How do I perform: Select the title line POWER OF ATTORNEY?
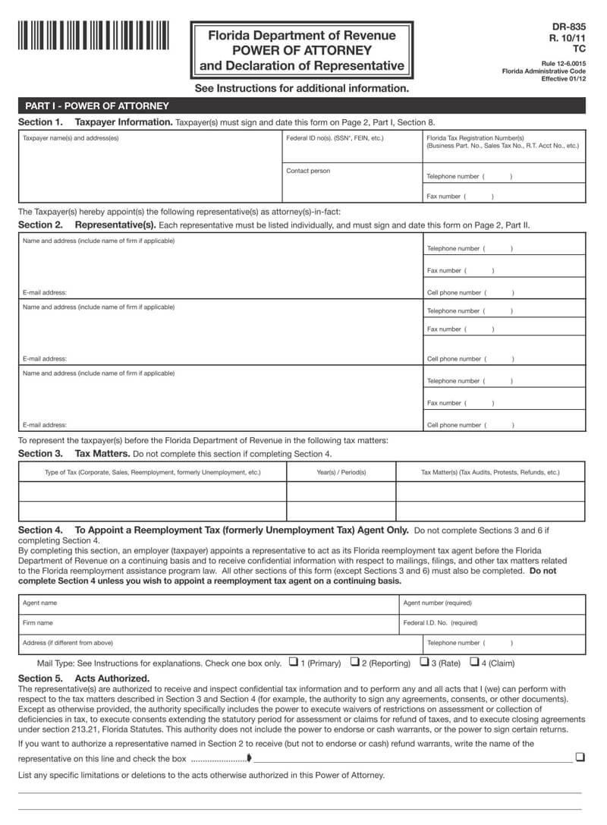pos(302,51)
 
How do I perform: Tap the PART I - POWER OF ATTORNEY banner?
pos(97,106)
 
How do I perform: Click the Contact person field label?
pos(308,171)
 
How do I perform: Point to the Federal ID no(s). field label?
pos(335,138)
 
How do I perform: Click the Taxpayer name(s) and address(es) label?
pos(71,138)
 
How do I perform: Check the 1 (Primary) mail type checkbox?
pos(294,661)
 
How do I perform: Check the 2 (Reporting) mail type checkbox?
pos(354,661)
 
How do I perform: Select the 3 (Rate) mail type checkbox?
pos(424,661)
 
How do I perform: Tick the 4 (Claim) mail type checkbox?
pos(474,661)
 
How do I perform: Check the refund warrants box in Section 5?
pos(580,757)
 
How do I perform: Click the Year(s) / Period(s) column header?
pos(341,472)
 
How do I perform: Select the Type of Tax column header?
pos(153,472)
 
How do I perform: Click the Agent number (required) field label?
pos(437,603)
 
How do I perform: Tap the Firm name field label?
pos(38,622)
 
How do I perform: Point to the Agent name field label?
pos(39,603)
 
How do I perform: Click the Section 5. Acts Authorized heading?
pos(83,678)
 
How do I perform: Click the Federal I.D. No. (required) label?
pos(440,622)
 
